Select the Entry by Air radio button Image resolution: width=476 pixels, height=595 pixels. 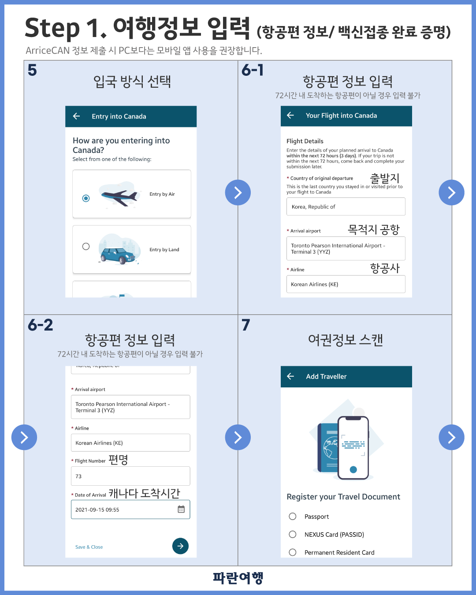[86, 198]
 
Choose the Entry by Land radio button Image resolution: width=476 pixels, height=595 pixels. [86, 246]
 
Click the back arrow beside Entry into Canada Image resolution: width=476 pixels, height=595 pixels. [76, 116]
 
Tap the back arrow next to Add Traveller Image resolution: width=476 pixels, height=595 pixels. [290, 376]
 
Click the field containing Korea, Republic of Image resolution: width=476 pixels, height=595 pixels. [346, 207]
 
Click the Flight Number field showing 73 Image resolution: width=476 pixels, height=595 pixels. [130, 476]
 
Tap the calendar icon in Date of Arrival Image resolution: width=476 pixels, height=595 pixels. [181, 509]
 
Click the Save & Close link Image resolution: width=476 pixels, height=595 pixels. [89, 547]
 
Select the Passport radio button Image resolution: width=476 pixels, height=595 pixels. [293, 516]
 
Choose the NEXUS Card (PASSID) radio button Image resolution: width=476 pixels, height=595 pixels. [293, 534]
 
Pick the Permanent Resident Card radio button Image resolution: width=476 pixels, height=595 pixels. [293, 552]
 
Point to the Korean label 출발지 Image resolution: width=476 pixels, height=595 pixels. [385, 178]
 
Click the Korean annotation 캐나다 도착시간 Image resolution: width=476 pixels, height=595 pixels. [145, 494]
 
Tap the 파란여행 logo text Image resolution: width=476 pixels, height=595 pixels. [238, 578]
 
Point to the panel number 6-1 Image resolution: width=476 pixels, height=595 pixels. [253, 70]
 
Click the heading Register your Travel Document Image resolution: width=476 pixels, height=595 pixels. [343, 497]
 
